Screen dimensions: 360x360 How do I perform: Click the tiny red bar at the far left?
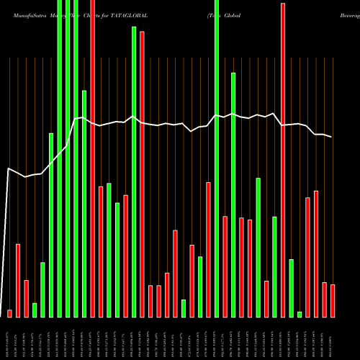tap(10, 313)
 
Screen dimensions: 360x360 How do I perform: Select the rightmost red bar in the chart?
tap(333, 300)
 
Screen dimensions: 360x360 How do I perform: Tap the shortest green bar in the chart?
tap(300, 314)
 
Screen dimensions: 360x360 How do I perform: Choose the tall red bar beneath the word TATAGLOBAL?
tap(142, 174)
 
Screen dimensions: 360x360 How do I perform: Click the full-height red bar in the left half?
tap(92, 158)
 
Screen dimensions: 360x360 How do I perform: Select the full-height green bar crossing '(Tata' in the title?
tap(217, 158)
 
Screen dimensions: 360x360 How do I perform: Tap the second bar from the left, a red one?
tap(18, 280)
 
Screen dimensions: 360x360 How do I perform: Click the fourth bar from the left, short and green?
tap(35, 310)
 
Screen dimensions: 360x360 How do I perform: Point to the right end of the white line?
tap(332, 137)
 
